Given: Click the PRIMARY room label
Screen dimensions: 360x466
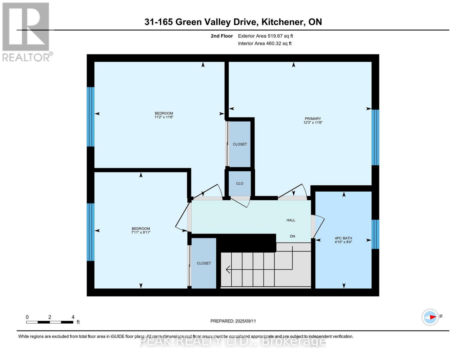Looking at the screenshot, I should [313, 118].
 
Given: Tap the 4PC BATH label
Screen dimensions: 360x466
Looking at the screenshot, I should [343, 238].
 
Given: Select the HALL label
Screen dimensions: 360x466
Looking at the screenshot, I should [290, 220].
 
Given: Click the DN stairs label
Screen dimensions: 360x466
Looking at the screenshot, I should [292, 236].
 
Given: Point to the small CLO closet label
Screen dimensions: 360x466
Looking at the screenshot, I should [239, 183].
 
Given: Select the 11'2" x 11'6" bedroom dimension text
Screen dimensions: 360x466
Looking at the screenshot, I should [164, 117].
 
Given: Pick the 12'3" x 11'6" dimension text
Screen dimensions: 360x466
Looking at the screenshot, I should [313, 123].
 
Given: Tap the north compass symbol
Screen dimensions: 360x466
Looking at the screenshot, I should [430, 317].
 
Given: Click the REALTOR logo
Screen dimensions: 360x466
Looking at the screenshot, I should [26, 31].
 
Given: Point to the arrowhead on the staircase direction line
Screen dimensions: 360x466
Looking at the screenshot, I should [228, 270].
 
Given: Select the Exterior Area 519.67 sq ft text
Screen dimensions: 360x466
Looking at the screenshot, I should [265, 36].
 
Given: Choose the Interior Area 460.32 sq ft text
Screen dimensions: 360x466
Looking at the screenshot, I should [265, 43].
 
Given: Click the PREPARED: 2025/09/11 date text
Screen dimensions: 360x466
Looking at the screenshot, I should [233, 321].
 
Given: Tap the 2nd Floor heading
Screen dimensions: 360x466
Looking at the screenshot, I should [221, 36].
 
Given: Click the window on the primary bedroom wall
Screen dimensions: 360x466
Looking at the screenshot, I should [375, 137].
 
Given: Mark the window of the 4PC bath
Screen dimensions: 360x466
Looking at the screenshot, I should [375, 234].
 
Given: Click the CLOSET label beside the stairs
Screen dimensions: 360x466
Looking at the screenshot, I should [204, 263].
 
